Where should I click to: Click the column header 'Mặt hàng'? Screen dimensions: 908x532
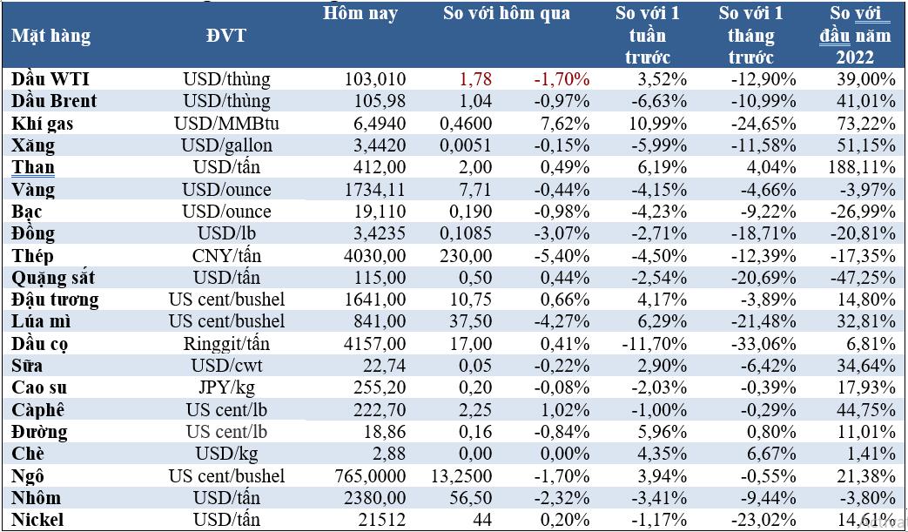pos(51,37)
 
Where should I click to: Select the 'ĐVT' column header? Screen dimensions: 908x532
pos(225,36)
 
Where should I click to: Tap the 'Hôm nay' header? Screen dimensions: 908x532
pos(360,13)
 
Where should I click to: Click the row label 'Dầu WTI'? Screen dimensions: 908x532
pos(50,78)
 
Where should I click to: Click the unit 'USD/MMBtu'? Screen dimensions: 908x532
pos(226,124)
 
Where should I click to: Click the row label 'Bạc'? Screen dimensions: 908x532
pos(27,212)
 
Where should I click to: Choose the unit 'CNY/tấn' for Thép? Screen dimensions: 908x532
pos(226,256)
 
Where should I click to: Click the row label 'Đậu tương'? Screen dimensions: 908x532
pos(55,300)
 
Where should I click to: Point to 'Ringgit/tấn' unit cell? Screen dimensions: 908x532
pos(226,345)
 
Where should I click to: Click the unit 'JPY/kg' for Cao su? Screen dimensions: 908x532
pos(226,387)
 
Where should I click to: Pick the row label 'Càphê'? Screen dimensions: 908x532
pos(37,410)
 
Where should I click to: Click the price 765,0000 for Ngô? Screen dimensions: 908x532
pos(371,476)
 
